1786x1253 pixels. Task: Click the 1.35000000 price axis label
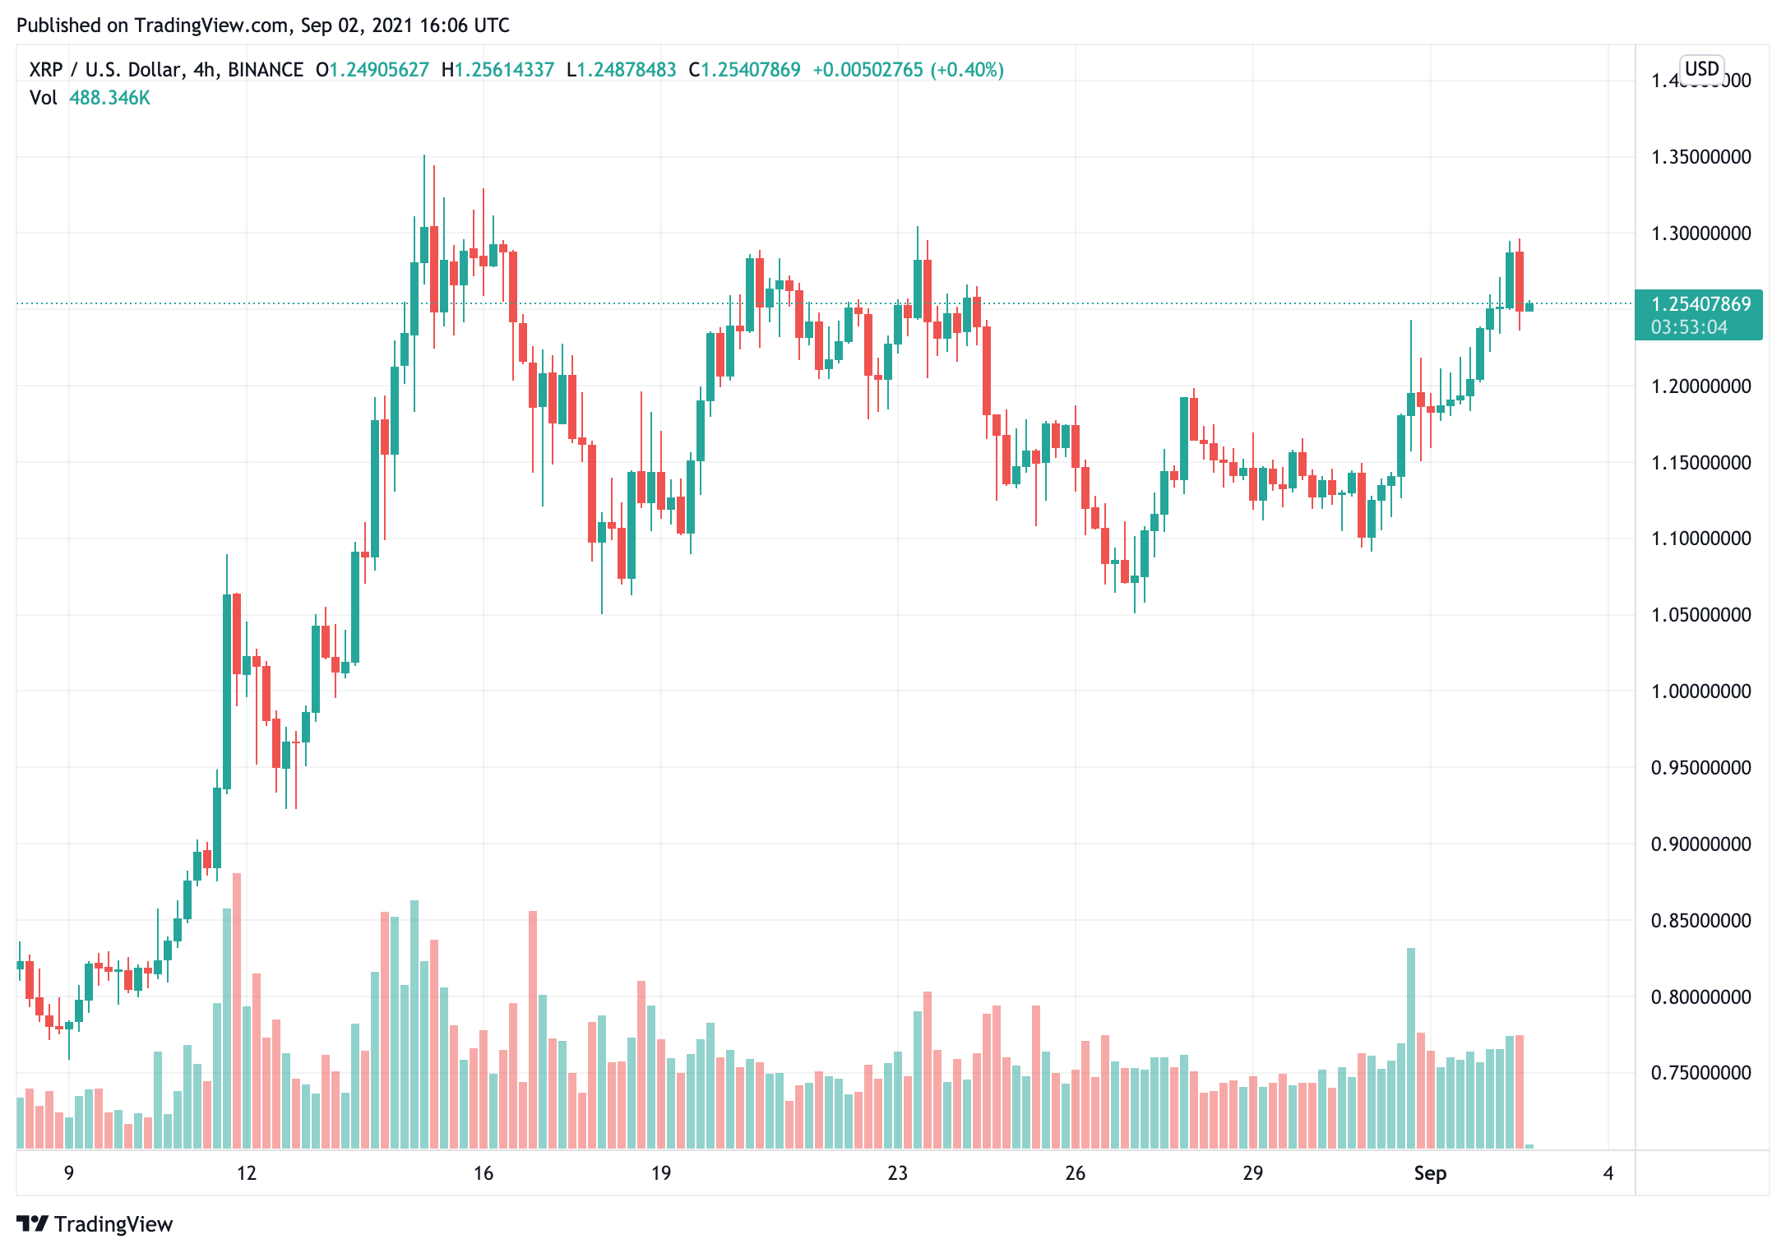pos(1700,157)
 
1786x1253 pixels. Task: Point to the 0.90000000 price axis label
pos(1700,844)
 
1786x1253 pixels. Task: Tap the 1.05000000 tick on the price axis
pos(1700,615)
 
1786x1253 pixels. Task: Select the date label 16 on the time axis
pos(484,1173)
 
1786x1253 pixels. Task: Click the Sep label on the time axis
pos(1430,1173)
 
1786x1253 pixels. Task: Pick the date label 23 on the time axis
pos(897,1173)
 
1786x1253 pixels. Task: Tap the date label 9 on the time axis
pos(69,1173)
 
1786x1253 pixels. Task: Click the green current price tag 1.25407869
pos(1700,304)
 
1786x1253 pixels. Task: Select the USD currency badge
pos(1701,68)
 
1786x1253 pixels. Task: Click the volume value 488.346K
pos(109,98)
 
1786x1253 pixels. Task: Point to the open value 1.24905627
pos(379,70)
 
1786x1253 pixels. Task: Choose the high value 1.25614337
pos(504,70)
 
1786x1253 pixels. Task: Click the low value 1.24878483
pos(627,70)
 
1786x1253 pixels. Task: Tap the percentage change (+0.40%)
pos(967,70)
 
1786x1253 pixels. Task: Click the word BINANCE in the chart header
pos(266,70)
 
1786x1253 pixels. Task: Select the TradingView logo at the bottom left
pos(95,1224)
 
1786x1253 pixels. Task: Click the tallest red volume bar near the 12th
pos(237,1011)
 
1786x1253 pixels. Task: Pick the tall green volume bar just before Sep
pos(1411,1048)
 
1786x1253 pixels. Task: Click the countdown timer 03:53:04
pos(1689,327)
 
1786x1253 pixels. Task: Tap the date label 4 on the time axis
pos(1608,1173)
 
